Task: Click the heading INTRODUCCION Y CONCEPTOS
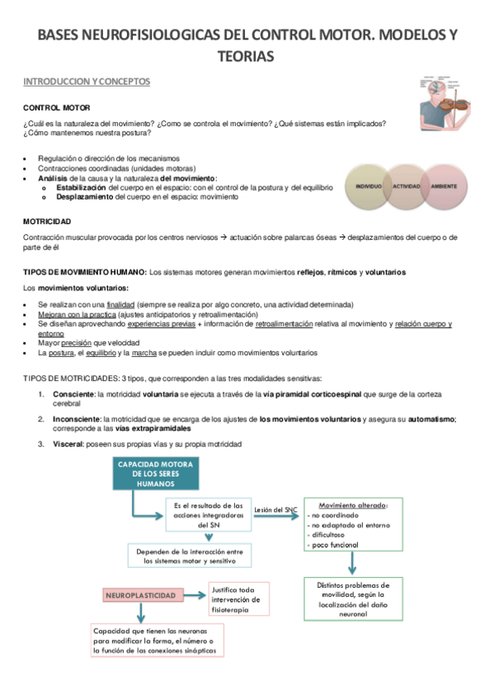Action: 87,82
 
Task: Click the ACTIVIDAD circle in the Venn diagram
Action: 406,187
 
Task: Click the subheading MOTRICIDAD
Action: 47,222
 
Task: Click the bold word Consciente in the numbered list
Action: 73,394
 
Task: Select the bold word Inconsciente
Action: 76,419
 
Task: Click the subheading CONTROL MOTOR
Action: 56,108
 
